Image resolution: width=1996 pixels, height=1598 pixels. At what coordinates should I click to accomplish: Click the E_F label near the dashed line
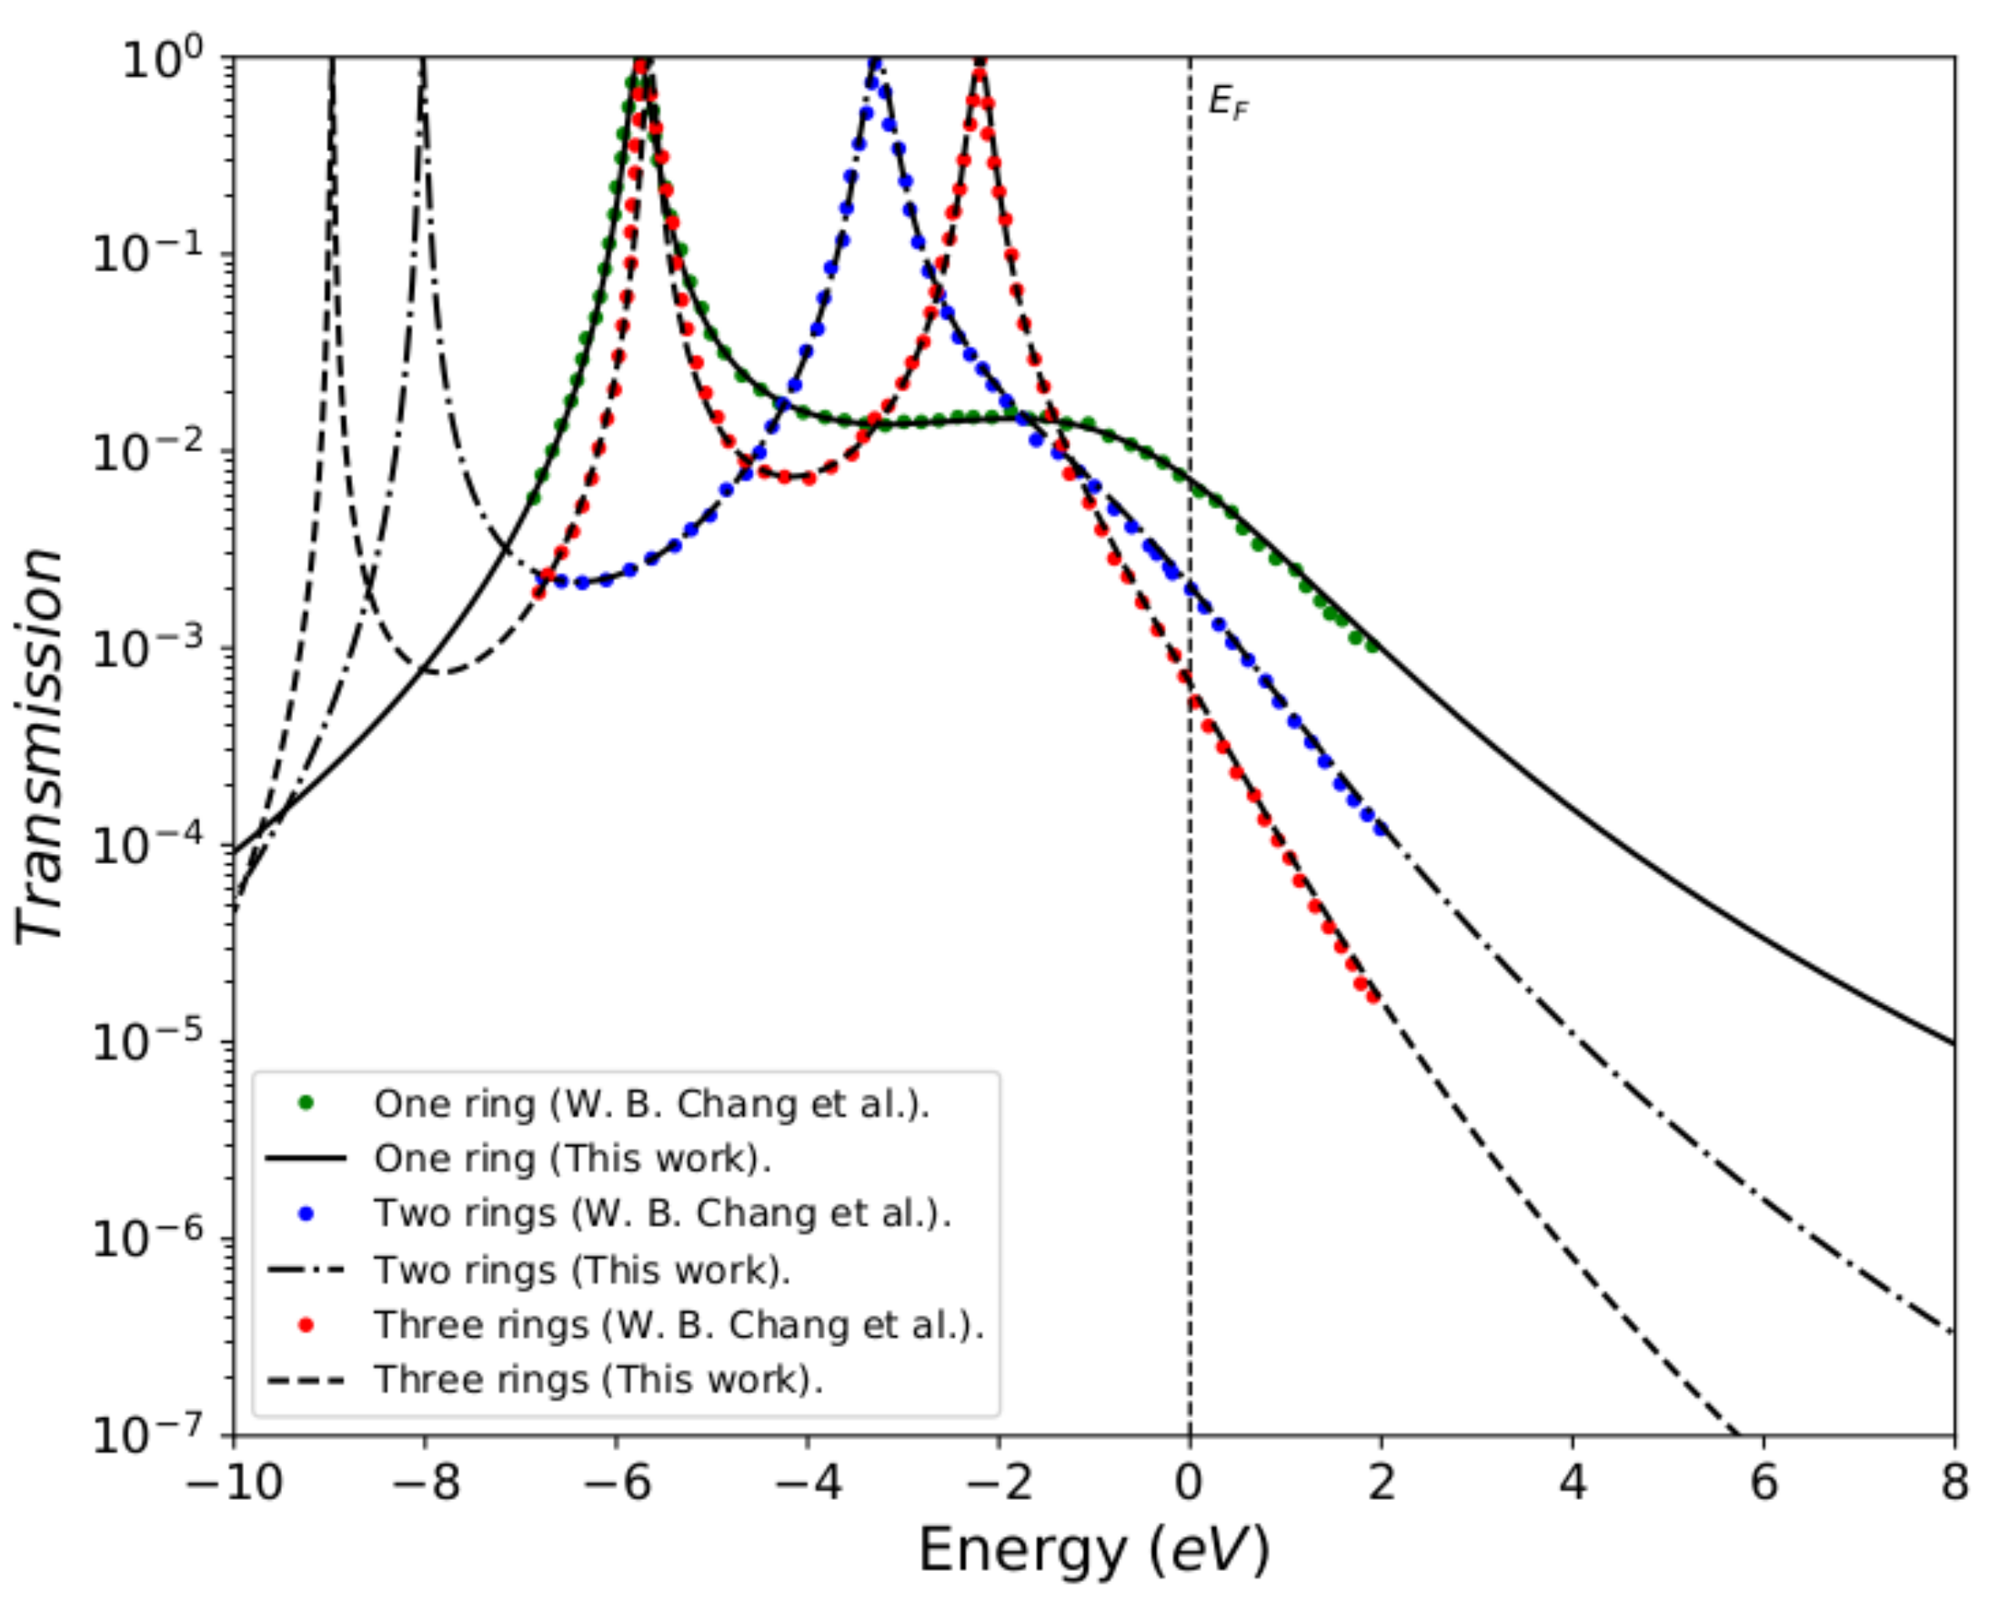click(1228, 103)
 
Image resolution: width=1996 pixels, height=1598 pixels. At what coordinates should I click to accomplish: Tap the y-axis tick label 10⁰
click(163, 61)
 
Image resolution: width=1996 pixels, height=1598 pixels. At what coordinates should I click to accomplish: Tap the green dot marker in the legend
click(306, 1103)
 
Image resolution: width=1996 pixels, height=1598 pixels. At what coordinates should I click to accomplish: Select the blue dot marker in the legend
click(306, 1213)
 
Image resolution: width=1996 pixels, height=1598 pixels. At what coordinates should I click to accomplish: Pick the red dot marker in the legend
click(306, 1325)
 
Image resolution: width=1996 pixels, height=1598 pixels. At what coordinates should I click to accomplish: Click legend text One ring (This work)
click(572, 1158)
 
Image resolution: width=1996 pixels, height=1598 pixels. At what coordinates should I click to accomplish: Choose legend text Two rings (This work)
click(582, 1269)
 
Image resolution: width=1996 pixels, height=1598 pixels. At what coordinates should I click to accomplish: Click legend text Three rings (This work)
click(598, 1379)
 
